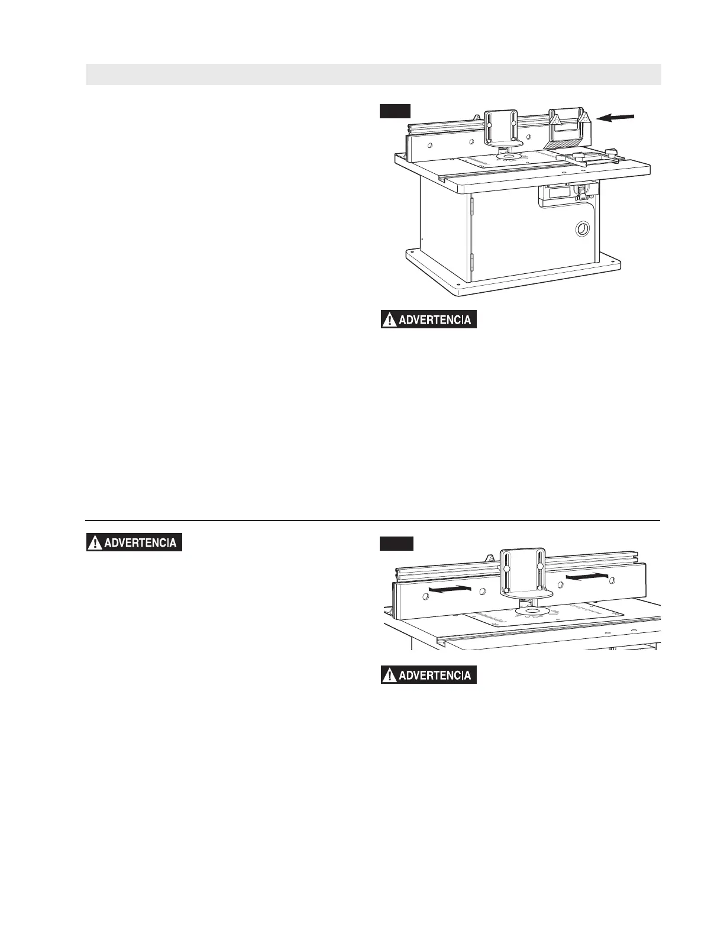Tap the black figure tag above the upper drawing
tap(395, 111)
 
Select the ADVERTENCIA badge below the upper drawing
tap(428, 320)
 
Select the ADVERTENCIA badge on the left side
tap(134, 542)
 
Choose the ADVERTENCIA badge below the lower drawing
tap(428, 675)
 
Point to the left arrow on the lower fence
tap(449, 589)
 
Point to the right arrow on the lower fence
tap(587, 575)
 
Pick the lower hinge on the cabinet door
tap(472, 260)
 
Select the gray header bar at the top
tap(373, 75)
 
